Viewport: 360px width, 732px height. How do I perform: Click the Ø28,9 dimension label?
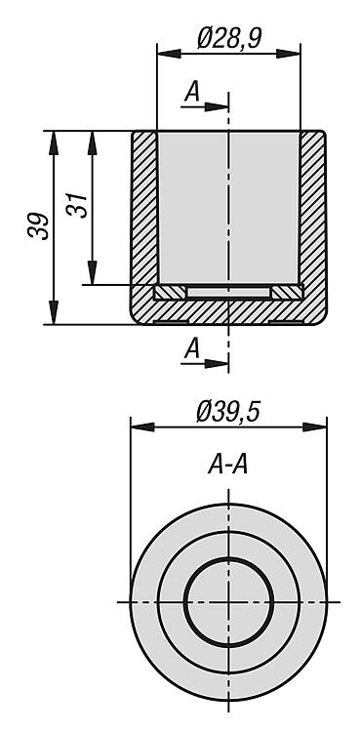coord(229,38)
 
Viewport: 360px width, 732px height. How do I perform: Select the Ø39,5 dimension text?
coord(228,412)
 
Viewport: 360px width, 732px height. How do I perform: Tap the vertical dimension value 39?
coord(39,226)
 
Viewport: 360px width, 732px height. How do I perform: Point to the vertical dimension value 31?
coord(77,205)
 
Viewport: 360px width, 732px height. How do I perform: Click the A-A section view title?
coord(228,466)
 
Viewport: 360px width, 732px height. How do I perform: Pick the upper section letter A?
coord(192,92)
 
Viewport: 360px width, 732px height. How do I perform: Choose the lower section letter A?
coord(192,348)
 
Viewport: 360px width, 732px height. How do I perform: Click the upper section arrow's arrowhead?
coord(217,107)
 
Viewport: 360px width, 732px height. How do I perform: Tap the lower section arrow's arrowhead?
coord(217,363)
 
